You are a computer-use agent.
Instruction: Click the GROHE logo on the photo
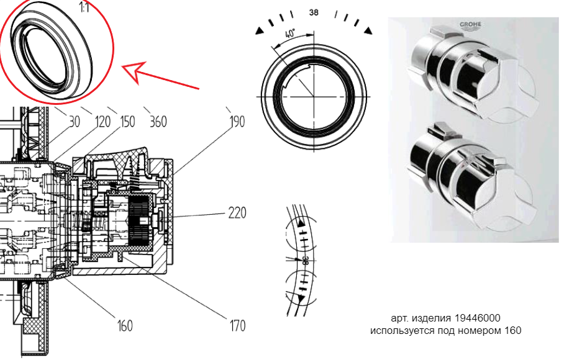(470, 25)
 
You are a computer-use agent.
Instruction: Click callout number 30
(74, 122)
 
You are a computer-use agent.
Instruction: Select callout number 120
(102, 122)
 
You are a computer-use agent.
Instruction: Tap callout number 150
(127, 122)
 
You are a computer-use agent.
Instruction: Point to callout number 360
(158, 122)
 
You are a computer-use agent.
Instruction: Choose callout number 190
(237, 122)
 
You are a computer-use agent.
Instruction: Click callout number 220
(237, 213)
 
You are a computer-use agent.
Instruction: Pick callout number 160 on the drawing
(125, 325)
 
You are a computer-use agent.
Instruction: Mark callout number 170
(237, 325)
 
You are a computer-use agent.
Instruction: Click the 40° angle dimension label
(290, 34)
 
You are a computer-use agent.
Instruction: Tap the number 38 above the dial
(314, 12)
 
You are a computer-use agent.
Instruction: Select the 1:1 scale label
(84, 7)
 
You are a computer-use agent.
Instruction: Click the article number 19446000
(477, 318)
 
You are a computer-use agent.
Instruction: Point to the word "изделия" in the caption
(432, 318)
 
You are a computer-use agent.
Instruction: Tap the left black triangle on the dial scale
(260, 31)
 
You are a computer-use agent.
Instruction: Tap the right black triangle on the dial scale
(368, 30)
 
